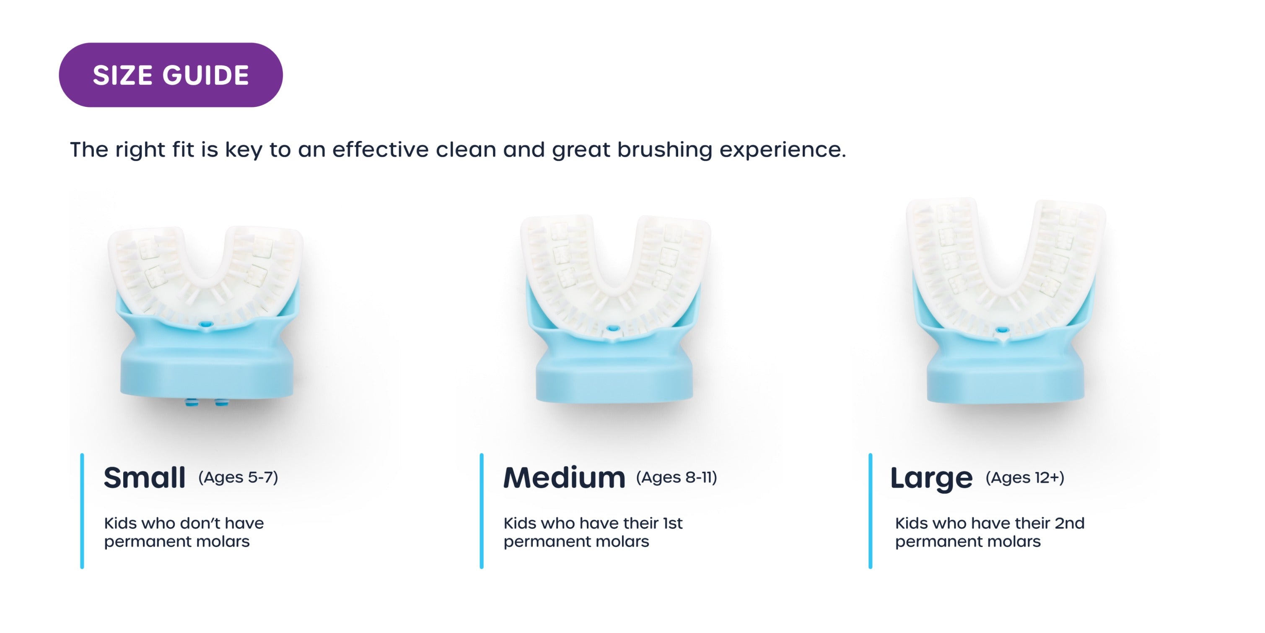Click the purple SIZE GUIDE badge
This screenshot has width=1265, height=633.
coord(171,75)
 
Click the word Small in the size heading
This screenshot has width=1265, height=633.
coord(144,477)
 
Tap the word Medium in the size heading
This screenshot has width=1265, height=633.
coord(564,477)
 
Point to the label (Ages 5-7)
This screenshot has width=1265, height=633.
coord(238,477)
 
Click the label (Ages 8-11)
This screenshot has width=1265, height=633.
coord(676,477)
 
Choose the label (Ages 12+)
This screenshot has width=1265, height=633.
coord(1025,477)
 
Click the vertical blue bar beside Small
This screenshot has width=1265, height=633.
coord(82,511)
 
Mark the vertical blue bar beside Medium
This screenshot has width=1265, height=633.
coord(482,511)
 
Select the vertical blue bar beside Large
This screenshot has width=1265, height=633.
coord(870,511)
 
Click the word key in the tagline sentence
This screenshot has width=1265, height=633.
coord(244,150)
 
